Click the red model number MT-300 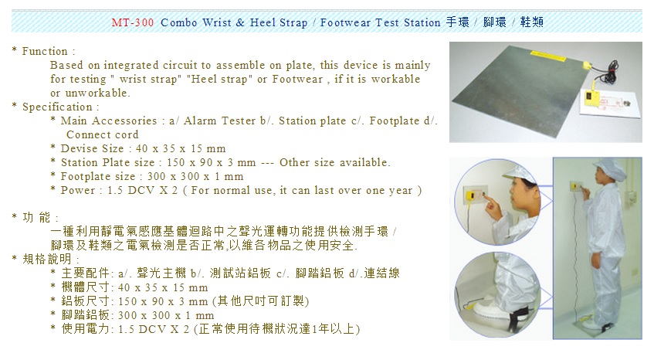tap(133, 22)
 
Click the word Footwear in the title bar tap(345, 22)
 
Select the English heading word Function tap(45, 51)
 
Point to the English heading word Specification tap(57, 107)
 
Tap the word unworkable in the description tap(97, 93)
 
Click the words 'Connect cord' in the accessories tap(102, 134)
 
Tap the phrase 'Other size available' tap(334, 162)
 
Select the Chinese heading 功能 tap(36, 217)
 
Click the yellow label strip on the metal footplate tap(546, 54)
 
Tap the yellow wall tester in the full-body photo tap(575, 186)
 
